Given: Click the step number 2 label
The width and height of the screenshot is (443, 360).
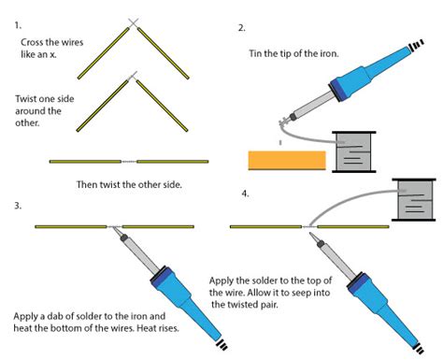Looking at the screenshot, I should pyautogui.click(x=242, y=27).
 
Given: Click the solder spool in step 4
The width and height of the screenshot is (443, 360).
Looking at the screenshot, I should pyautogui.click(x=412, y=200).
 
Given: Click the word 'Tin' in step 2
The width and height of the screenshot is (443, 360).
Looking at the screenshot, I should pyautogui.click(x=257, y=54).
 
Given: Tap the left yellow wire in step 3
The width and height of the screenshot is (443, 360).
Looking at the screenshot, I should pyautogui.click(x=71, y=226).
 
